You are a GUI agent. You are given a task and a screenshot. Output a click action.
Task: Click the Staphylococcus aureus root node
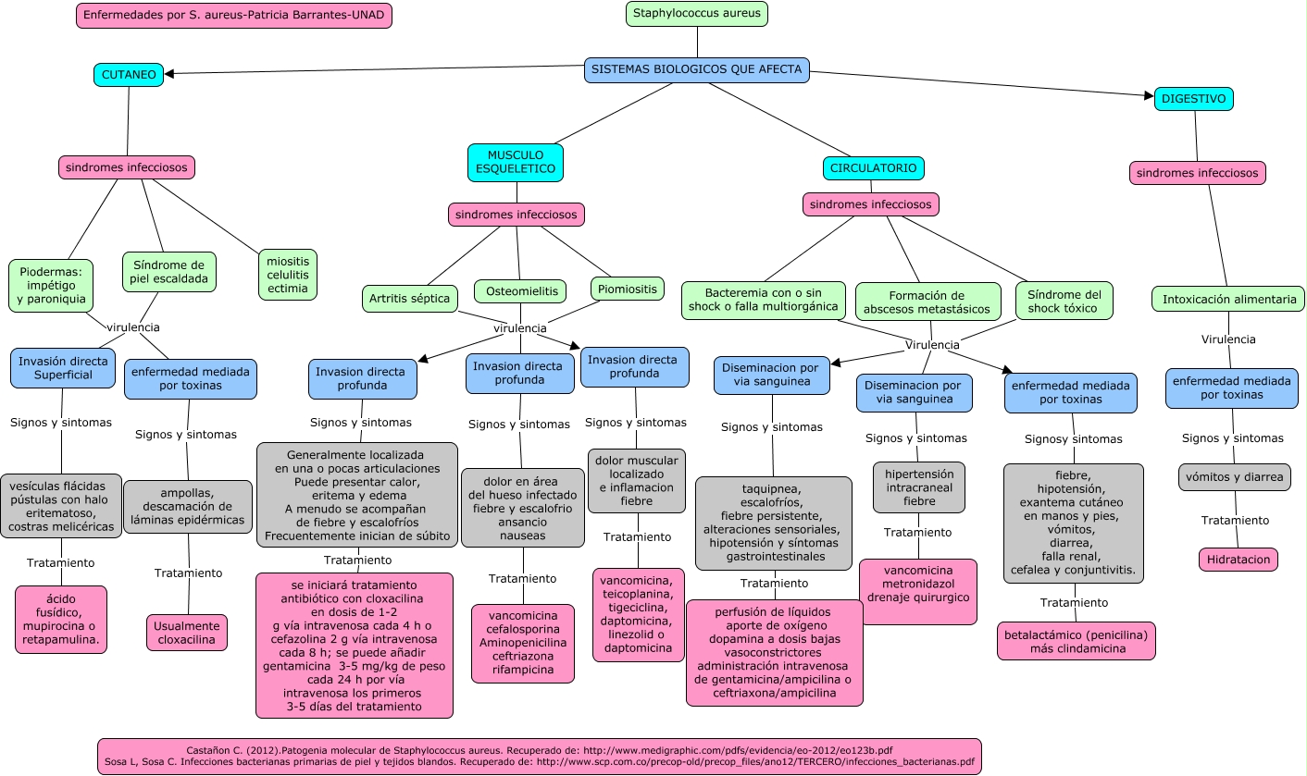pos(697,13)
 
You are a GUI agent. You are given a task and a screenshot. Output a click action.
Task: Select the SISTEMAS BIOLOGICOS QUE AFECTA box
pos(697,69)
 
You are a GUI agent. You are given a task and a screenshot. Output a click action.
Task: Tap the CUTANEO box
pos(129,75)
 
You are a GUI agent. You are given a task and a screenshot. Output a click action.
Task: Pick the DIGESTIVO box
pos(1194,99)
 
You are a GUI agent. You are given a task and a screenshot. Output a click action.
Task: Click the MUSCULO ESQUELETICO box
pos(516,162)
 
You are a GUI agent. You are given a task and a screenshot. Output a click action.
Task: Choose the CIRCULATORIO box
pos(874,168)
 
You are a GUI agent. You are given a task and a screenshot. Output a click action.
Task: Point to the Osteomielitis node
pos(520,291)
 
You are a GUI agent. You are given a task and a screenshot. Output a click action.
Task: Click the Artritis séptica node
pos(410,299)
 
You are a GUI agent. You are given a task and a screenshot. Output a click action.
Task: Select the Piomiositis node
pos(628,289)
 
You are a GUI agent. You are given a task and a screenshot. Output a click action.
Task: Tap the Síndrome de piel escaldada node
pos(169,272)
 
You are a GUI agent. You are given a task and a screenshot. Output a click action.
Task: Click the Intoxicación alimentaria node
pos(1228,299)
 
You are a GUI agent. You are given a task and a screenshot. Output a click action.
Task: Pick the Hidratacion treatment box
pos(1239,560)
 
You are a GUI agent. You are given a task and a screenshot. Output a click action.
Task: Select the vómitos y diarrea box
pos(1234,477)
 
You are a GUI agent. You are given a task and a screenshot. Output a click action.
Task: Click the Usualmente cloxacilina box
pos(187,633)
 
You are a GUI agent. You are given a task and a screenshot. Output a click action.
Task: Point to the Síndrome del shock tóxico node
pos(1064,301)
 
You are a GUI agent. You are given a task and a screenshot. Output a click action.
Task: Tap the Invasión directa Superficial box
pos(63,368)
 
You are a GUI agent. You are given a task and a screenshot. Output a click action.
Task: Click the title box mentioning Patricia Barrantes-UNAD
pos(234,15)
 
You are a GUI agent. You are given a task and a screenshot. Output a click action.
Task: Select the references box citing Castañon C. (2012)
pos(539,757)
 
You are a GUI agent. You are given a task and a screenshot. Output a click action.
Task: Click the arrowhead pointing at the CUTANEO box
pos(169,73)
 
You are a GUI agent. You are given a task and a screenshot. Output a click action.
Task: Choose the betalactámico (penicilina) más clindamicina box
pos(1077,641)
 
